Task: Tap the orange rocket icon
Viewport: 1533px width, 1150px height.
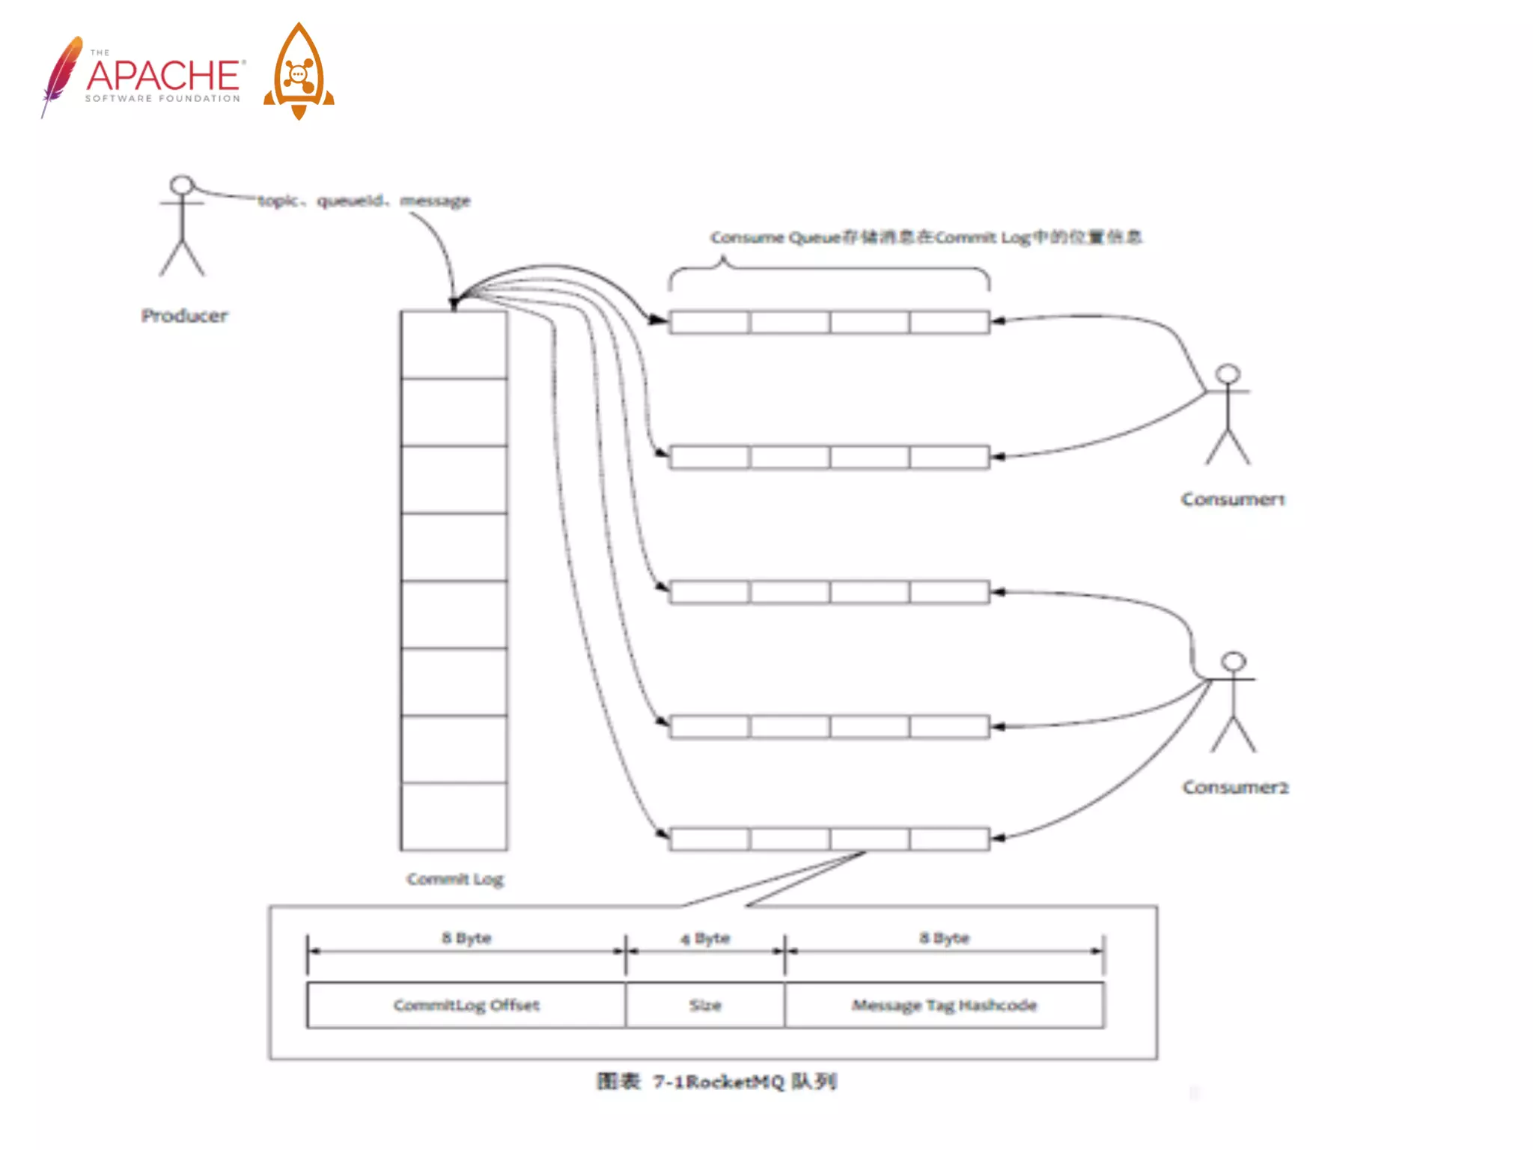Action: click(299, 72)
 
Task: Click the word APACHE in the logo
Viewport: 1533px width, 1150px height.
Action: click(163, 75)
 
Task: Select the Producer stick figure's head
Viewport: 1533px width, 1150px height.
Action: click(182, 184)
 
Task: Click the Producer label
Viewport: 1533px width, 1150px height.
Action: click(184, 316)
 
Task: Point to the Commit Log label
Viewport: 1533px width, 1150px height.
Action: click(455, 879)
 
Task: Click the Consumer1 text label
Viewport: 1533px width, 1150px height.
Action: click(1233, 499)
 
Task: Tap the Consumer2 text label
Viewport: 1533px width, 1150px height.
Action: click(1235, 788)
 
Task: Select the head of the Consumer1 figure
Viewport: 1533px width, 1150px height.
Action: click(1228, 374)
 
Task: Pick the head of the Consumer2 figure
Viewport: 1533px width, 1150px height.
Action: click(1234, 661)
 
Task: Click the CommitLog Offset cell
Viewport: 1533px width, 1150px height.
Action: click(466, 1006)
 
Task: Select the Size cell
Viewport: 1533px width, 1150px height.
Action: click(705, 1006)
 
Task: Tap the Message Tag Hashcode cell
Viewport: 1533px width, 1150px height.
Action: click(944, 1006)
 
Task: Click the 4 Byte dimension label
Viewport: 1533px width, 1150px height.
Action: click(705, 938)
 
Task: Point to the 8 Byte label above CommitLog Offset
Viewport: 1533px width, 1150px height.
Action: click(466, 938)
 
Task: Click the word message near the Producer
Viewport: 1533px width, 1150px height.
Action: click(435, 201)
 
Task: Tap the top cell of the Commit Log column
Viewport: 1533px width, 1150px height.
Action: click(454, 345)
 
